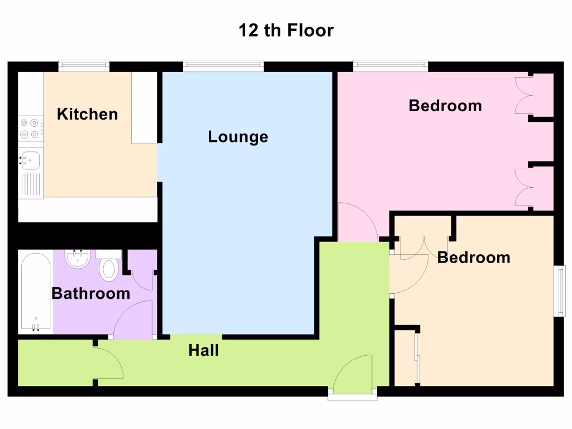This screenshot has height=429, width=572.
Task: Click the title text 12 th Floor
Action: (x=286, y=30)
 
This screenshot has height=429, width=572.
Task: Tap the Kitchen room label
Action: (x=88, y=115)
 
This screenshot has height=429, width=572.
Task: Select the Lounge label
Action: (x=238, y=137)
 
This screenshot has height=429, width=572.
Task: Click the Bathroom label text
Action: (x=90, y=293)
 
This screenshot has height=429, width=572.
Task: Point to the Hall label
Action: (x=203, y=351)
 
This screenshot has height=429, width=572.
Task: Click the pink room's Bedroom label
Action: (x=445, y=106)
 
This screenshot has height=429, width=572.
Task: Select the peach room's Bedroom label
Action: (x=474, y=258)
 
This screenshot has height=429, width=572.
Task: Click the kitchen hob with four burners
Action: (x=31, y=128)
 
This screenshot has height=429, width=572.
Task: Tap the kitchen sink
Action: (x=31, y=160)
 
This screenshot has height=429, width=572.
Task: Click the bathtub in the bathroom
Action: (x=36, y=292)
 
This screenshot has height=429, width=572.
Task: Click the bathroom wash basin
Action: (x=78, y=259)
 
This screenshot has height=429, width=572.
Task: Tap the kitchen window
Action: (x=84, y=66)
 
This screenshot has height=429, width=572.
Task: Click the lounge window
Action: (x=223, y=66)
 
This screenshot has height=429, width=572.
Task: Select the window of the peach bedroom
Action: (x=559, y=291)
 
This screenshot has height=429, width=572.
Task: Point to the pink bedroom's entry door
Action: (x=357, y=223)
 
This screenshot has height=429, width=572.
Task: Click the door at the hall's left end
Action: (x=107, y=363)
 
